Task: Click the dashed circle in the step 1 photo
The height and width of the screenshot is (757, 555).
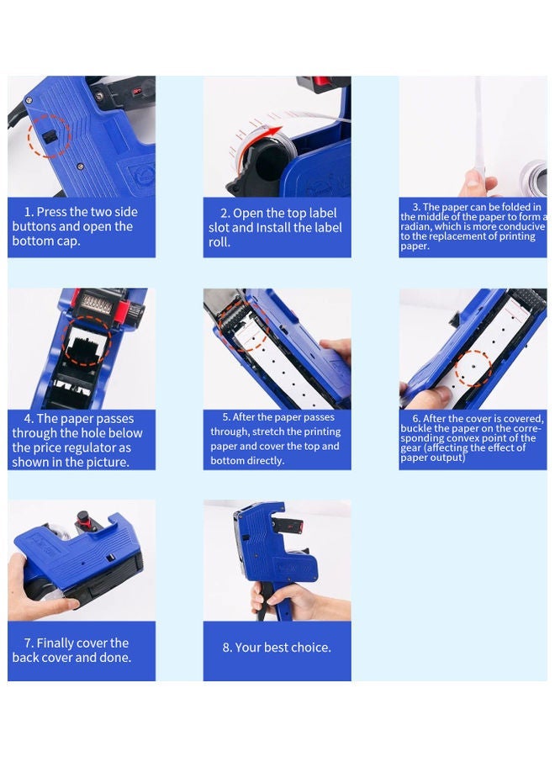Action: point(49,135)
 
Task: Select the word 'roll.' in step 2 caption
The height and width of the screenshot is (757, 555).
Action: point(219,242)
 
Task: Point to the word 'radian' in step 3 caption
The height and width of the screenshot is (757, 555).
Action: point(420,227)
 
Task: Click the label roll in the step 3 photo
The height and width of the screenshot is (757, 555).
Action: point(533,177)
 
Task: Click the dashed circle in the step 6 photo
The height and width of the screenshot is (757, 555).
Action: point(473,368)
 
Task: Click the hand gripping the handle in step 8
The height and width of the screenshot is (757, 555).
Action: point(273,598)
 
